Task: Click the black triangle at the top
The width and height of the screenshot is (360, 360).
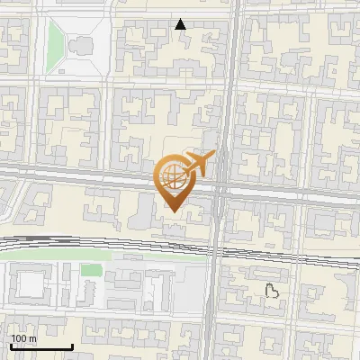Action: pyautogui.click(x=181, y=24)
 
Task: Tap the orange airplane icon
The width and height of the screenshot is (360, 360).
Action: pyautogui.click(x=197, y=165)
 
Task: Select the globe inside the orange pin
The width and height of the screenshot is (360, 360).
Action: pyautogui.click(x=172, y=175)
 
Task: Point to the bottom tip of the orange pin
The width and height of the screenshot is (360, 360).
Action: pyautogui.click(x=172, y=211)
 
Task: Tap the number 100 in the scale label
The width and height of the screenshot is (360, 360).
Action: pyautogui.click(x=18, y=338)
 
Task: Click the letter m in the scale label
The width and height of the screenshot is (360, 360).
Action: pyautogui.click(x=31, y=338)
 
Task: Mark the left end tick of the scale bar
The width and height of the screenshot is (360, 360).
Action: pyautogui.click(x=11, y=346)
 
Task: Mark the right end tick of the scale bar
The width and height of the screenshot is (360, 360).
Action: pyautogui.click(x=72, y=346)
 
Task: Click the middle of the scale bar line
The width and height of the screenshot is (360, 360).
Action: pyautogui.click(x=41, y=347)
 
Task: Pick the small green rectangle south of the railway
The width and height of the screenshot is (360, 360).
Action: pyautogui.click(x=90, y=270)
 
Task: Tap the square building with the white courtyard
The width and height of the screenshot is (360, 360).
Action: pyautogui.click(x=31, y=284)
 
